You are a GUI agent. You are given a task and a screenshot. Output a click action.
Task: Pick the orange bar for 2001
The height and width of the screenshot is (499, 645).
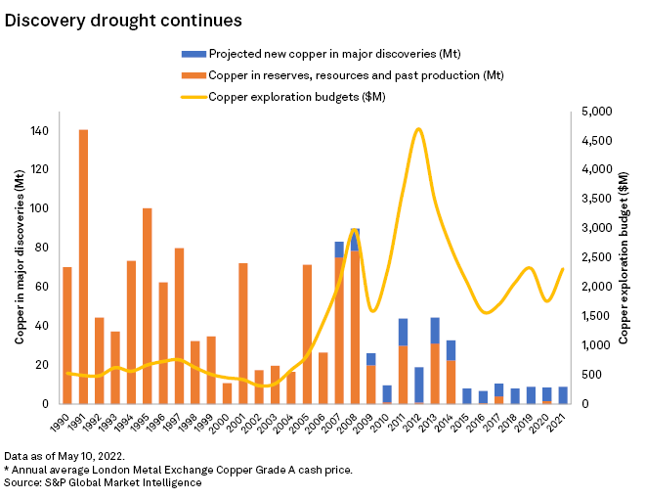[x=242, y=333]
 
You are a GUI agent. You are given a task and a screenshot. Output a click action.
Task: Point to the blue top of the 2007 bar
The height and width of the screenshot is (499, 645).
[x=339, y=249]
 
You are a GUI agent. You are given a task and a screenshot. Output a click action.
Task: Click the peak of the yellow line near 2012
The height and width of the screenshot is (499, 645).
[x=418, y=128]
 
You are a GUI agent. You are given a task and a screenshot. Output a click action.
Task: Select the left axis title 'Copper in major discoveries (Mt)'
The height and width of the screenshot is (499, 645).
[x=20, y=257]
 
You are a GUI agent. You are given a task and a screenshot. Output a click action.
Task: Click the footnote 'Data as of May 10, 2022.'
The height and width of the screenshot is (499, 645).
[x=64, y=456]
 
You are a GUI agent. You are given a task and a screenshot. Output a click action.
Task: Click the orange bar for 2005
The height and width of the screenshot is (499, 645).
[x=307, y=334]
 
